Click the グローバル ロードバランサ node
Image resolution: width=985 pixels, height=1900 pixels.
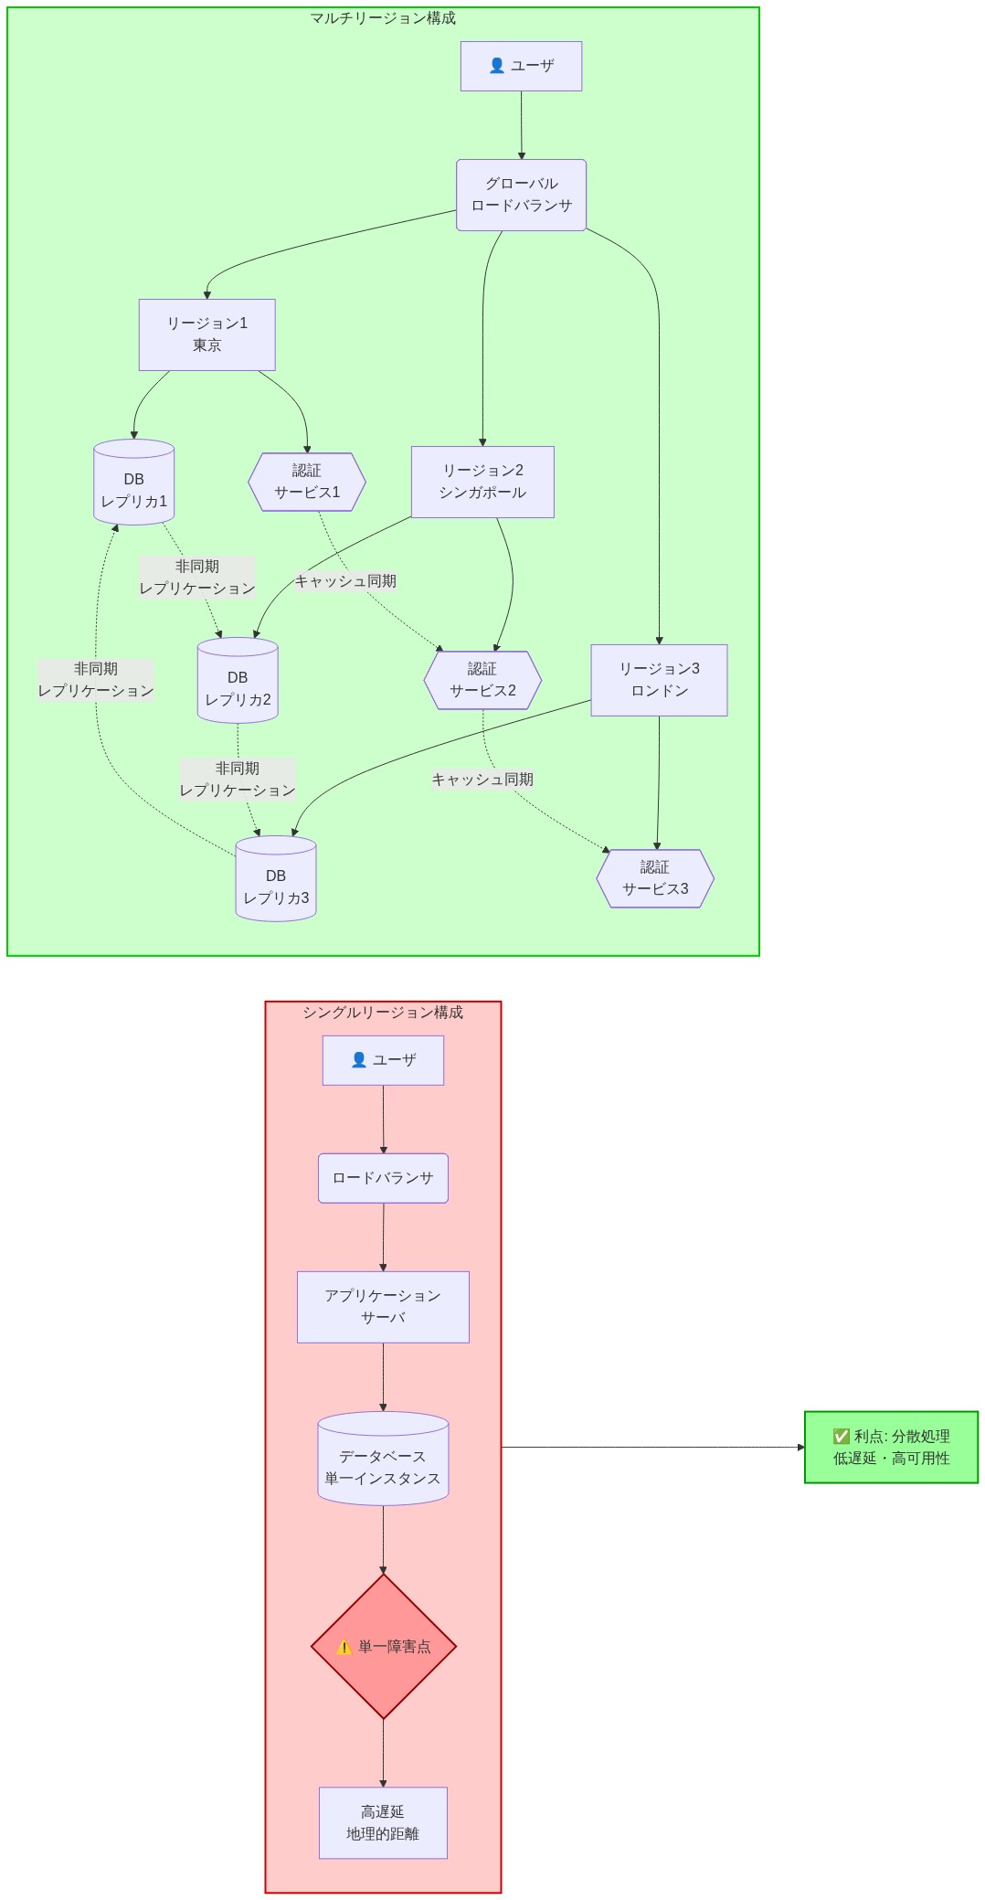(x=521, y=195)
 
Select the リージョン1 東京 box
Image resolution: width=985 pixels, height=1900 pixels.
(x=207, y=334)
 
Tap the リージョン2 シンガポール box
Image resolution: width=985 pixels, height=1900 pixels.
(x=482, y=482)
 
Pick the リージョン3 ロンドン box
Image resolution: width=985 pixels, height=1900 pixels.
(x=659, y=680)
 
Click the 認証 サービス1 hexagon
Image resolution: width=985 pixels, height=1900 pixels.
(x=307, y=482)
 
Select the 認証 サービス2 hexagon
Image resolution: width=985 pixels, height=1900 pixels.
(x=482, y=680)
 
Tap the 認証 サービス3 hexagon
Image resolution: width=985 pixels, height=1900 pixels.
(x=655, y=878)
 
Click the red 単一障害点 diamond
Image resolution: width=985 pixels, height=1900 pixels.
(x=383, y=1646)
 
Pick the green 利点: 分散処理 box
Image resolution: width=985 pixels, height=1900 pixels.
(x=891, y=1447)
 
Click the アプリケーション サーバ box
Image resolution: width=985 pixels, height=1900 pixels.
(x=383, y=1307)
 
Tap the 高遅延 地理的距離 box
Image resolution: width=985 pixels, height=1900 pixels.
(x=383, y=1822)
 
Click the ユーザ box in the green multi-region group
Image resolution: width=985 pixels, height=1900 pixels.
(x=521, y=66)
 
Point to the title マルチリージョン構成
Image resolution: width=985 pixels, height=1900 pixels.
(x=383, y=18)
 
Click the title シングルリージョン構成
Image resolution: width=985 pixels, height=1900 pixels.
(x=383, y=1013)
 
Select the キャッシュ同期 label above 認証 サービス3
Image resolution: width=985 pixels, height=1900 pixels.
(x=482, y=780)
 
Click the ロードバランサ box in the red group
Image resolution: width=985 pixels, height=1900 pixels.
(x=383, y=1178)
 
